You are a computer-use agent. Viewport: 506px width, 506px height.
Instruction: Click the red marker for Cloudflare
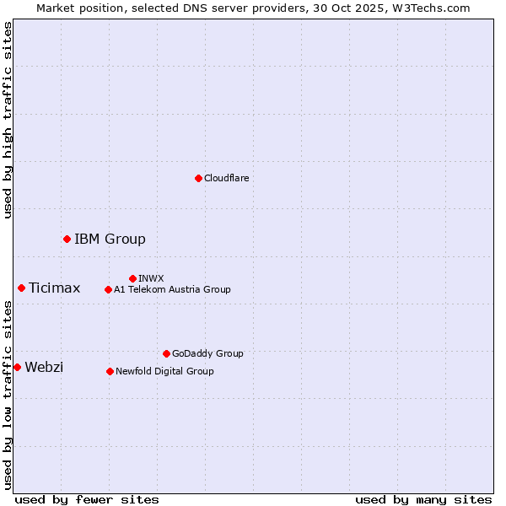pyautogui.click(x=198, y=178)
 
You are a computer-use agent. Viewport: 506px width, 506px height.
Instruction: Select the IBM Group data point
pyautogui.click(x=67, y=239)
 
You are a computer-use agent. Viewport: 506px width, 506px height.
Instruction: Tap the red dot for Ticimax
pyautogui.click(x=21, y=288)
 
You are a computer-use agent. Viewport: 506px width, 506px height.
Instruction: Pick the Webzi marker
pyautogui.click(x=17, y=367)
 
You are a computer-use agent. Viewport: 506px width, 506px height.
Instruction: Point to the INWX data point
pyautogui.click(x=132, y=278)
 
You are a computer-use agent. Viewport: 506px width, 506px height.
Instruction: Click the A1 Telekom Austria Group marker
pyautogui.click(x=108, y=289)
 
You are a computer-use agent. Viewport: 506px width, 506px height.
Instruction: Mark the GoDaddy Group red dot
pyautogui.click(x=166, y=353)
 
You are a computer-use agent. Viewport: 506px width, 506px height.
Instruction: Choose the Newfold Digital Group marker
pyautogui.click(x=110, y=371)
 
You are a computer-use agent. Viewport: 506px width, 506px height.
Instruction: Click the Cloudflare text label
pyautogui.click(x=226, y=178)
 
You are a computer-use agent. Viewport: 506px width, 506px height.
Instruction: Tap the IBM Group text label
pyautogui.click(x=110, y=239)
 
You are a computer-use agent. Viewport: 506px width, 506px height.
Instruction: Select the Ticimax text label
pyautogui.click(x=54, y=288)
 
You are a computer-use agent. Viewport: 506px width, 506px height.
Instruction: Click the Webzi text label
pyautogui.click(x=44, y=367)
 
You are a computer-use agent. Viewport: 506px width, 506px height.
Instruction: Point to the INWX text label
pyautogui.click(x=151, y=278)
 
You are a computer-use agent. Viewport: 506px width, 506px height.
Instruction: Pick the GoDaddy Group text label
pyautogui.click(x=207, y=354)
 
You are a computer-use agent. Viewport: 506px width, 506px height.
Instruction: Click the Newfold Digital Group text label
pyautogui.click(x=164, y=371)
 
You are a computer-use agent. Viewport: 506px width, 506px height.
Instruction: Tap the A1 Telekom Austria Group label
pyautogui.click(x=172, y=289)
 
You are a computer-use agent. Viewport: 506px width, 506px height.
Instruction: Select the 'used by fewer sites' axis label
pyautogui.click(x=87, y=499)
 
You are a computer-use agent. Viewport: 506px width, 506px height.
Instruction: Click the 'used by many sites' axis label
pyautogui.click(x=423, y=499)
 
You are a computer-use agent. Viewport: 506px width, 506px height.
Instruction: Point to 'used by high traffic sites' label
pyautogui.click(x=8, y=120)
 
